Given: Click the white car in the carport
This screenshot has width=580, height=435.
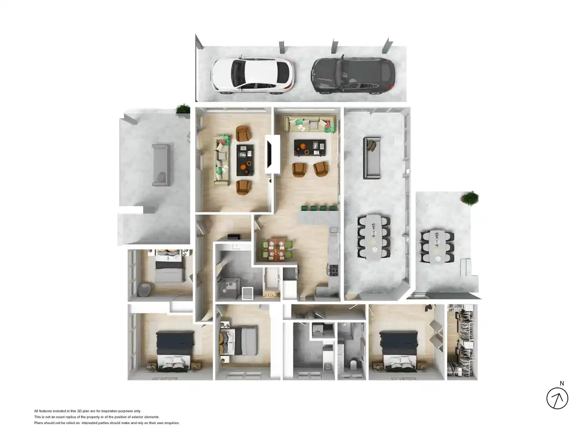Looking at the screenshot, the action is [x=253, y=75].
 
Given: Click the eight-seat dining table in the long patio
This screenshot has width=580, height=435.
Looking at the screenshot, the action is [x=374, y=237].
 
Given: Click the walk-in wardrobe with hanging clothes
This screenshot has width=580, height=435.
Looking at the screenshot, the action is [x=462, y=342].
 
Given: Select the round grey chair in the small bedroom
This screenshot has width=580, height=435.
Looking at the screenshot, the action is [x=144, y=289].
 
